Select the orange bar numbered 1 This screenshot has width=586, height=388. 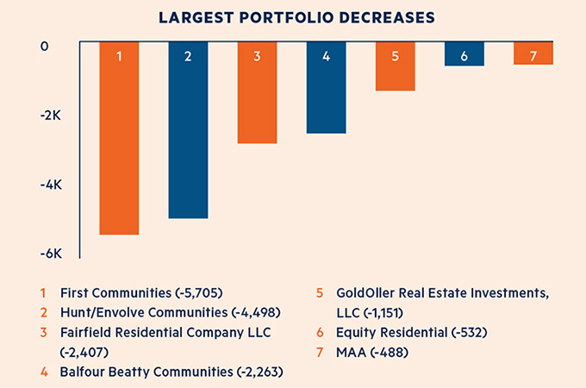119,138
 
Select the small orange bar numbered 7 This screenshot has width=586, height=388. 533,53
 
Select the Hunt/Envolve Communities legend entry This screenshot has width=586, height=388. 169,312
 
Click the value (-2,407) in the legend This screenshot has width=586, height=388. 86,352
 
